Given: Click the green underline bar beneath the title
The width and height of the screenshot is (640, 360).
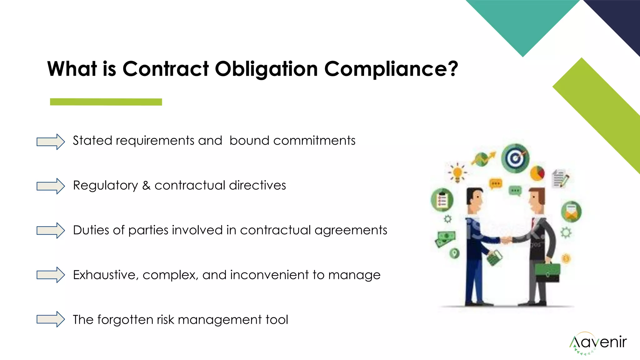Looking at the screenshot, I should pyautogui.click(x=106, y=102).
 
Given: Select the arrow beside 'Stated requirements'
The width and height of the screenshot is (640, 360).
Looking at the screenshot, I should pyautogui.click(x=50, y=142).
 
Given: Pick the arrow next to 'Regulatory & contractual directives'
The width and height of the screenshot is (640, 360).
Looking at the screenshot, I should pyautogui.click(x=50, y=186).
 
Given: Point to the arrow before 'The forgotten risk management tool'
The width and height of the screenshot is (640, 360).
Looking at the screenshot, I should pyautogui.click(x=50, y=319).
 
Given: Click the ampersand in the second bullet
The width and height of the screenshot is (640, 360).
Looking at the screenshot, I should pyautogui.click(x=146, y=185).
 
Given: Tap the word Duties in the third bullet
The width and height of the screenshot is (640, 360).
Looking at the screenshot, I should pyautogui.click(x=91, y=230).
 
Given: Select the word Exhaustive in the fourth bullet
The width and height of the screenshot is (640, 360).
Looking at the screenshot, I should pyautogui.click(x=106, y=275).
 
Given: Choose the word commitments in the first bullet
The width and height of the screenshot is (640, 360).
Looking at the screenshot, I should pyautogui.click(x=314, y=141).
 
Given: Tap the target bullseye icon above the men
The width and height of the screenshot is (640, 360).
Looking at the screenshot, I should pyautogui.click(x=515, y=158).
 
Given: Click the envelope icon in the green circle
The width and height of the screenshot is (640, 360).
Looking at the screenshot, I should pyautogui.click(x=571, y=212).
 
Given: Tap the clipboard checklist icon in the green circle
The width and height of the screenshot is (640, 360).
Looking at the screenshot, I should pyautogui.click(x=442, y=200).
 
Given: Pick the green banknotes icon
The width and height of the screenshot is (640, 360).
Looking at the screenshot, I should pyautogui.click(x=445, y=239).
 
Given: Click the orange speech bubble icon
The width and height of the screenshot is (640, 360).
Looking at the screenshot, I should pyautogui.click(x=496, y=183).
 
